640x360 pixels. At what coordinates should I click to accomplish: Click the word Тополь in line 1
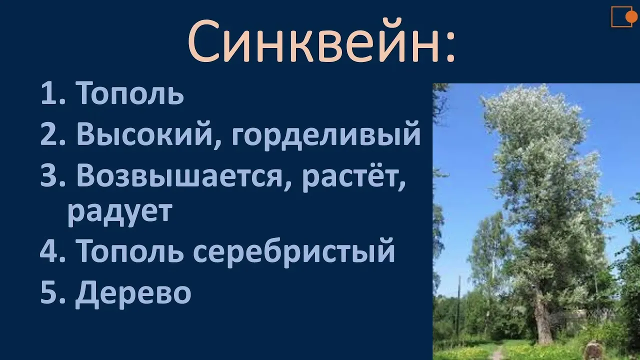tap(129, 93)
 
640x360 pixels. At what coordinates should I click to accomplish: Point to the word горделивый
tap(326, 135)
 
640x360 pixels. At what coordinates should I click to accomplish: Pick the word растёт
tap(354, 177)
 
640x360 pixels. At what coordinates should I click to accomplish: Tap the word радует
tap(120, 212)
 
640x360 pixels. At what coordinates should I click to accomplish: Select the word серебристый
tap(294, 252)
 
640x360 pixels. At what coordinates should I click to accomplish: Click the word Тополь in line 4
tap(129, 250)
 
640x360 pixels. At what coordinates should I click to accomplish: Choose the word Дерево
tap(133, 293)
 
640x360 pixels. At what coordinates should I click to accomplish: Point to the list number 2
tap(48, 134)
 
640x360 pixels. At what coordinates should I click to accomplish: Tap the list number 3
tap(48, 175)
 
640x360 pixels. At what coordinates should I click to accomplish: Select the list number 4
tap(48, 250)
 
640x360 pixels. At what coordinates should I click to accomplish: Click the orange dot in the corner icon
tap(631, 17)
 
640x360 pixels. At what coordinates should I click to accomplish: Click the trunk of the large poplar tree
tap(541, 317)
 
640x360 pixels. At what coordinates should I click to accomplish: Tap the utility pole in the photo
tap(459, 308)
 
